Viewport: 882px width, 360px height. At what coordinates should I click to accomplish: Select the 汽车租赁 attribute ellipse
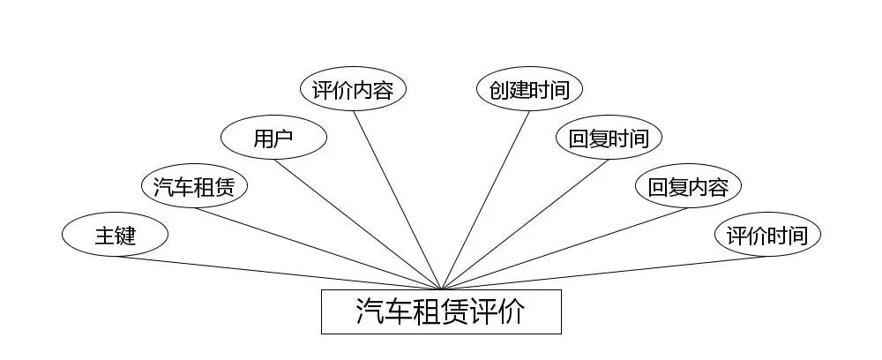pyautogui.click(x=194, y=186)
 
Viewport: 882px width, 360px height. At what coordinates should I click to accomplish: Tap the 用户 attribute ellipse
pyautogui.click(x=273, y=138)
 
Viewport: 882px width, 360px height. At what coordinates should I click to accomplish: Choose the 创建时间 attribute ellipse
pyautogui.click(x=529, y=89)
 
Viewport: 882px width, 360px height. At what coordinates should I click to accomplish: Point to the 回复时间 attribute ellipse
pyautogui.click(x=609, y=138)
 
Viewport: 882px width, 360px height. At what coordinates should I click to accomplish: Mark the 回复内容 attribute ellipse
pyautogui.click(x=688, y=186)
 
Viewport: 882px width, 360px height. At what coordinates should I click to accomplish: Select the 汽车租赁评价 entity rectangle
pyautogui.click(x=441, y=311)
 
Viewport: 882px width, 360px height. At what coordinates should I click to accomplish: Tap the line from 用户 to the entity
pyautogui.click(x=357, y=224)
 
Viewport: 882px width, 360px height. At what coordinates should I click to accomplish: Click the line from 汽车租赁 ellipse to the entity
pyautogui.click(x=318, y=248)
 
